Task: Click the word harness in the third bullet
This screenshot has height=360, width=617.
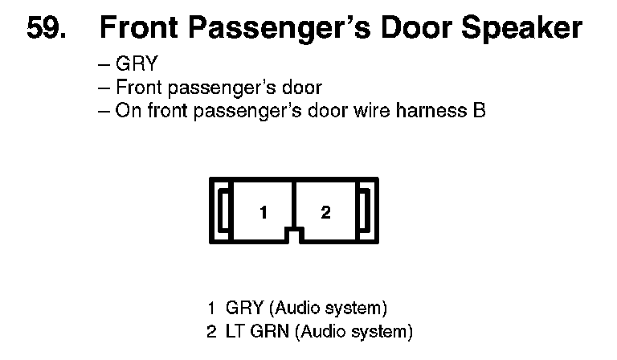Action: pyautogui.click(x=427, y=110)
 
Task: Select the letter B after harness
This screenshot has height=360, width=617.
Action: pyautogui.click(x=479, y=110)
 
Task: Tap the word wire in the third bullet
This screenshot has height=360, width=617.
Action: pyautogui.click(x=373, y=110)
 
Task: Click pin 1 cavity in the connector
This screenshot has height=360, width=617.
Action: pyautogui.click(x=263, y=212)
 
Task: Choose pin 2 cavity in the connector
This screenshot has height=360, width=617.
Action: pyautogui.click(x=325, y=212)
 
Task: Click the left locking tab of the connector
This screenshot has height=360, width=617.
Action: pyautogui.click(x=225, y=211)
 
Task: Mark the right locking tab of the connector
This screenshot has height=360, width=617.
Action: pyautogui.click(x=364, y=211)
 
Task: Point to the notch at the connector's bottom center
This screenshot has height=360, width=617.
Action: pyautogui.click(x=294, y=234)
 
